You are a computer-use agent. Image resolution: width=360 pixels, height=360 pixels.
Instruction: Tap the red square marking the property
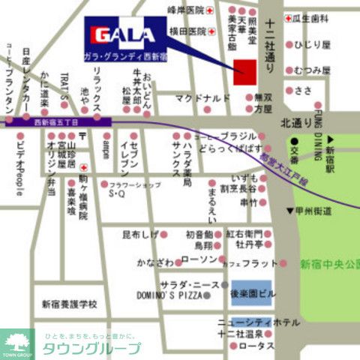pyautogui.click(x=245, y=73)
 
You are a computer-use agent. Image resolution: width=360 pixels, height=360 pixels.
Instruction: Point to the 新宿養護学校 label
pyautogui.click(x=70, y=304)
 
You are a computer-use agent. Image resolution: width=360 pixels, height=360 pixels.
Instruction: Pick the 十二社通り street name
pyautogui.click(x=271, y=45)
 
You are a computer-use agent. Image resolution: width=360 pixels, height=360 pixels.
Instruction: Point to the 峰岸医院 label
pyautogui.click(x=185, y=10)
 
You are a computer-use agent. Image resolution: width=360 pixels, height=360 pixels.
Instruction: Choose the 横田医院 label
pyautogui.click(x=187, y=31)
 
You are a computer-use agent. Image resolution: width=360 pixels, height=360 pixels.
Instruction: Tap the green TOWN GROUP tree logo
pyautogui.click(x=17, y=343)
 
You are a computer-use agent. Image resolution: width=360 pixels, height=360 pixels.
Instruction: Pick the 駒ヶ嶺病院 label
pyautogui.click(x=82, y=196)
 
